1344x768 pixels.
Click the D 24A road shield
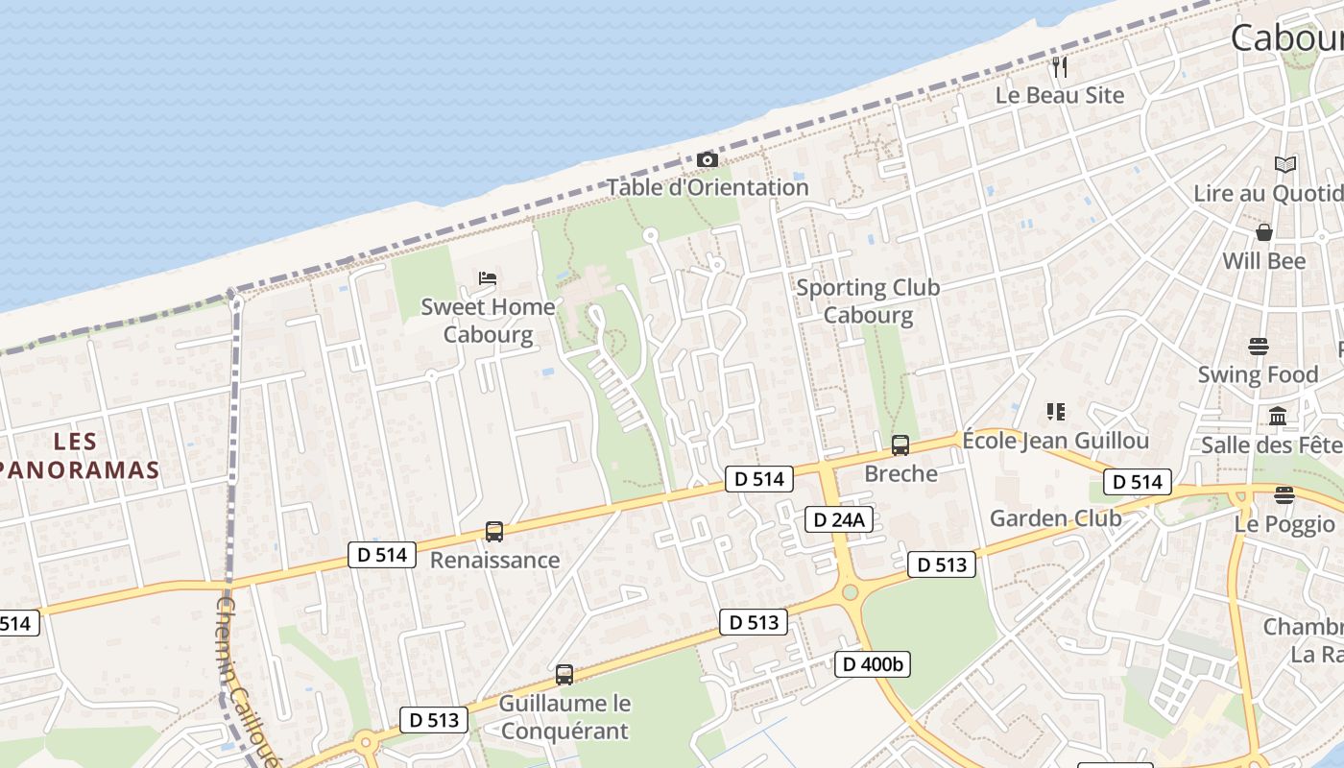(839, 519)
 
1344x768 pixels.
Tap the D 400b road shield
(872, 663)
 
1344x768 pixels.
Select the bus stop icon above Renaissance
(494, 531)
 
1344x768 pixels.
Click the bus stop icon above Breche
(900, 444)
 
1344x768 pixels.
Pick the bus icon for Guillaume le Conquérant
(564, 674)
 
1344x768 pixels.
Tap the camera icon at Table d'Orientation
(708, 159)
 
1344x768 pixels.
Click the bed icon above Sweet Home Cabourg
(488, 278)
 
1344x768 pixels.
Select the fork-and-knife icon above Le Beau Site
(1060, 67)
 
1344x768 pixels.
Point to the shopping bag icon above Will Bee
(1264, 232)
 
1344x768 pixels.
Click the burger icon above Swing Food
(1259, 346)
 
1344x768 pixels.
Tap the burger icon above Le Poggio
(1284, 495)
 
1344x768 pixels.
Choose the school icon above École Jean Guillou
(1056, 412)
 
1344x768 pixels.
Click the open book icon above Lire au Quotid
(1285, 164)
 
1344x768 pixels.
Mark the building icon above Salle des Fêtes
(1278, 417)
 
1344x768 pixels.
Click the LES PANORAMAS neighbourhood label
(77, 455)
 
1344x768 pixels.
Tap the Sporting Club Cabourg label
(868, 300)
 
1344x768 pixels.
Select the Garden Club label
(1055, 518)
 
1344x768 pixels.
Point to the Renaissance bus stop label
(494, 560)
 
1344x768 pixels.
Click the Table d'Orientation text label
(708, 187)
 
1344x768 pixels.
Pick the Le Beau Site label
(1060, 95)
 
